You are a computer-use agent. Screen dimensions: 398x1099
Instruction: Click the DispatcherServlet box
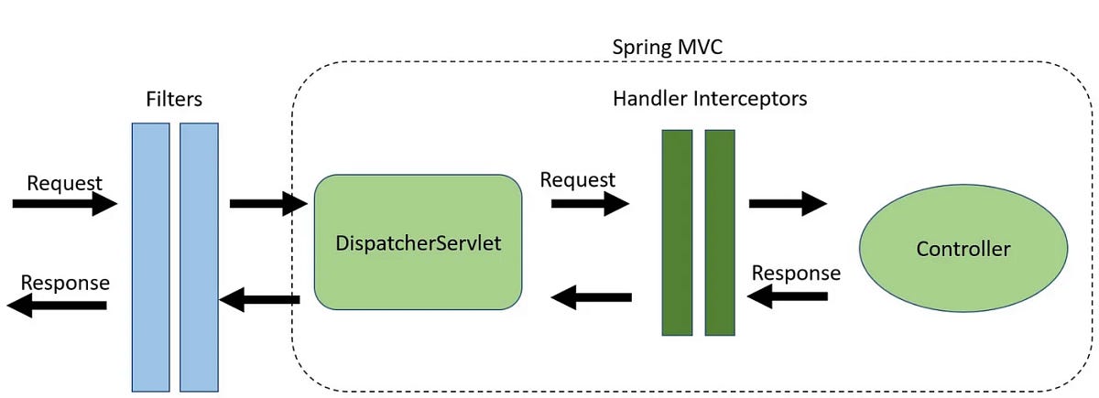pyautogui.click(x=418, y=242)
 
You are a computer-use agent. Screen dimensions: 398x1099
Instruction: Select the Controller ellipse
pyautogui.click(x=963, y=249)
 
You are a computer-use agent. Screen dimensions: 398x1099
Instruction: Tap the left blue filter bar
pyautogui.click(x=150, y=256)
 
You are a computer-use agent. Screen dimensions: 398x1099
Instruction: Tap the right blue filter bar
pyautogui.click(x=199, y=256)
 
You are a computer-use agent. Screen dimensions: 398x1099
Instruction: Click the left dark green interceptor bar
pyautogui.click(x=678, y=232)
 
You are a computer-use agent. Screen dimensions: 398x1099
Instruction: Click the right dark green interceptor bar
pyautogui.click(x=720, y=232)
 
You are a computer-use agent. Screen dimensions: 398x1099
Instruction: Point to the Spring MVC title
pyautogui.click(x=661, y=46)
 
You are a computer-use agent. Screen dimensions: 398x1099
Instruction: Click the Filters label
pyautogui.click(x=174, y=97)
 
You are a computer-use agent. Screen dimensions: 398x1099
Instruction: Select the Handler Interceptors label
pyautogui.click(x=709, y=98)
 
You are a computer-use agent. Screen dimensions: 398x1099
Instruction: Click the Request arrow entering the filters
pyautogui.click(x=64, y=204)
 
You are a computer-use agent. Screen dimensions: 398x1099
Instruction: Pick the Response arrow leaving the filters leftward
pyautogui.click(x=57, y=306)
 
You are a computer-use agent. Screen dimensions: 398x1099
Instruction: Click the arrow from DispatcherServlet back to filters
pyautogui.click(x=260, y=298)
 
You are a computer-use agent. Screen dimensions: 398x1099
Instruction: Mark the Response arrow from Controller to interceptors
pyautogui.click(x=788, y=296)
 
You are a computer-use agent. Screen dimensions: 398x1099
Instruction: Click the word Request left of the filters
pyautogui.click(x=64, y=182)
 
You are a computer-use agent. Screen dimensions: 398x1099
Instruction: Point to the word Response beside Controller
pyautogui.click(x=795, y=273)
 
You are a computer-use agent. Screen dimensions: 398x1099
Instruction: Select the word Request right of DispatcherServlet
pyautogui.click(x=577, y=179)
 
